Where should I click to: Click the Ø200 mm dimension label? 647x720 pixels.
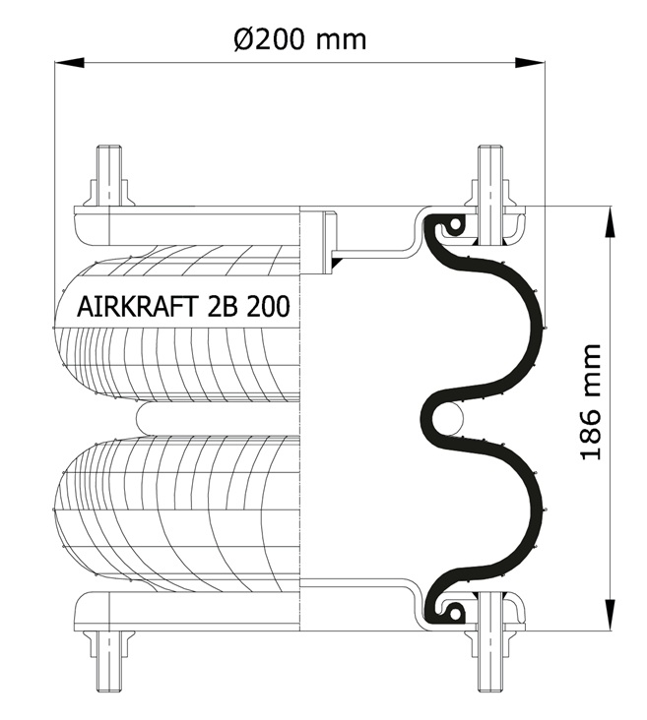tap(299, 39)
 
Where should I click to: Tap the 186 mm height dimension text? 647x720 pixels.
tap(591, 401)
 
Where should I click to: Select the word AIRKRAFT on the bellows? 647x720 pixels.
tap(138, 306)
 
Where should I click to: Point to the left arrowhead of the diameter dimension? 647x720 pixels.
tap(69, 62)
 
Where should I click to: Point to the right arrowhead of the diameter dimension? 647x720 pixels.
tap(530, 62)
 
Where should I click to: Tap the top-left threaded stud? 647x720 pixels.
tap(109, 176)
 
